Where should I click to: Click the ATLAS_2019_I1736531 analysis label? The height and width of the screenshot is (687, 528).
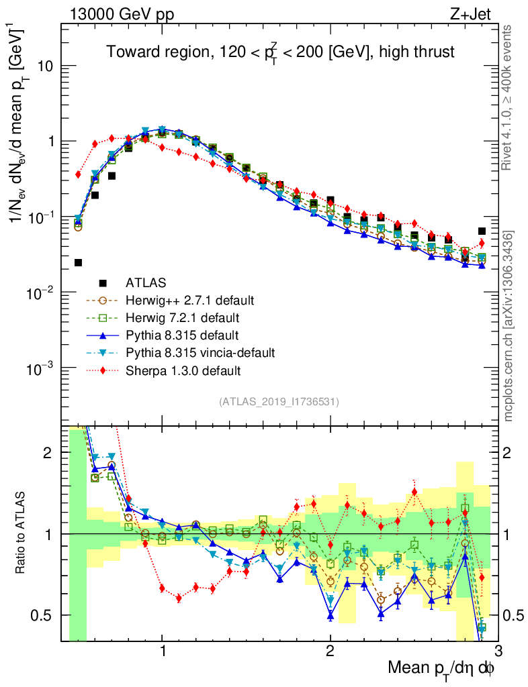tap(279, 402)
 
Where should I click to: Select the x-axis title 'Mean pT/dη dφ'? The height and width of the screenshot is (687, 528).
tap(442, 668)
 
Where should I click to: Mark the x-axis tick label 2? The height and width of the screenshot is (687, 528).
tap(330, 651)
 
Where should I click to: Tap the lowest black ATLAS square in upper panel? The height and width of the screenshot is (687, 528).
tap(78, 262)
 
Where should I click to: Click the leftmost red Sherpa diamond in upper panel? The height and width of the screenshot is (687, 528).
tap(78, 174)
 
